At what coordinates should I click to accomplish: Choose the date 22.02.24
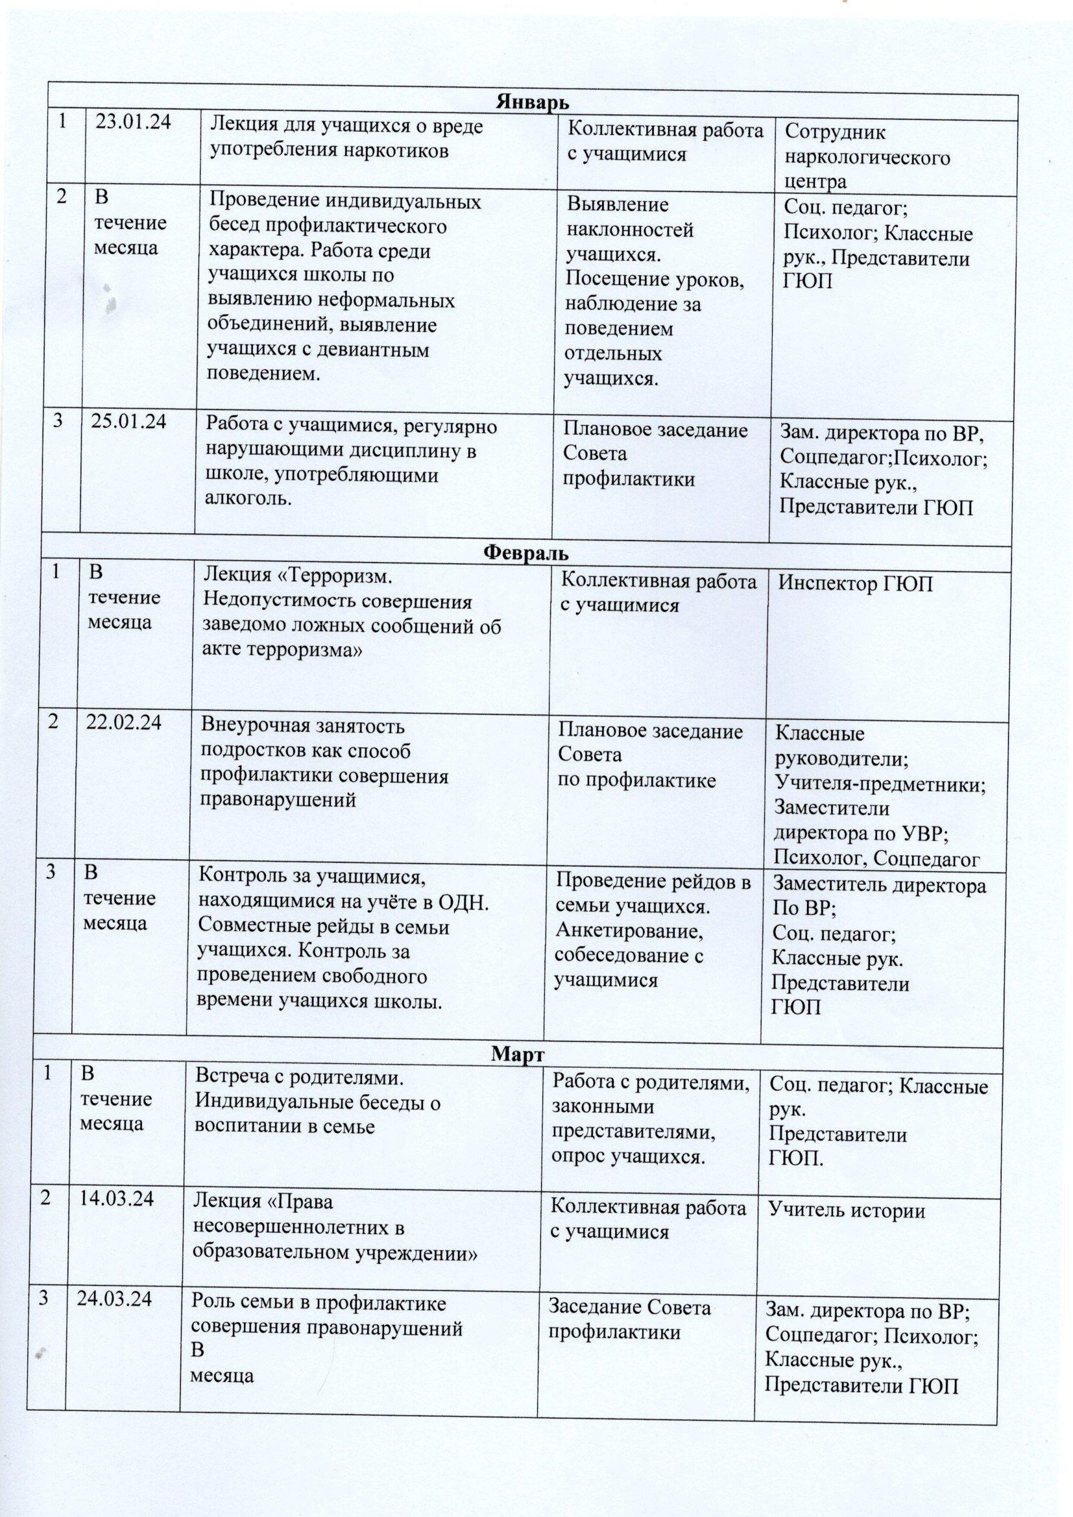click(124, 723)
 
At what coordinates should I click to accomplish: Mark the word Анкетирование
click(629, 931)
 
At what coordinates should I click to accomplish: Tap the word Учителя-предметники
click(880, 785)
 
